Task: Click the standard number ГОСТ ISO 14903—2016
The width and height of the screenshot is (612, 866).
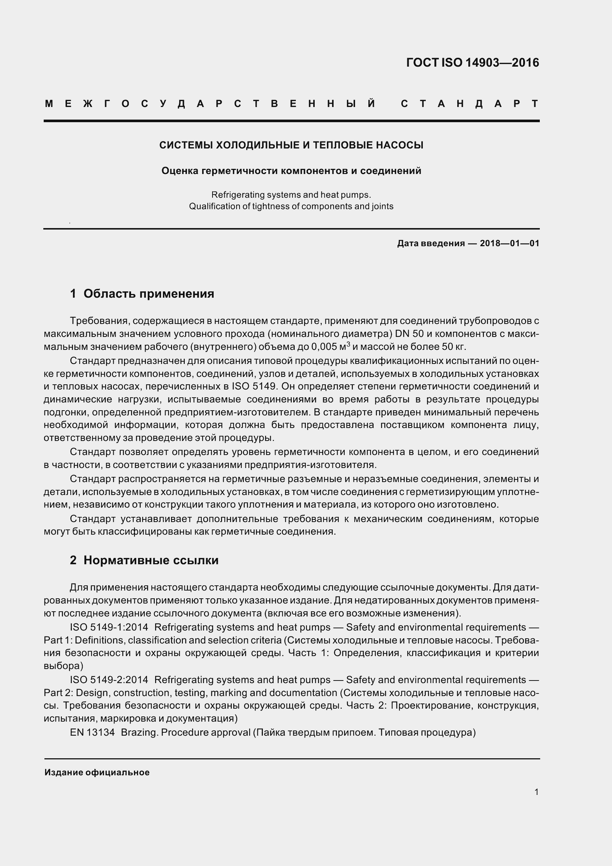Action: pos(472,63)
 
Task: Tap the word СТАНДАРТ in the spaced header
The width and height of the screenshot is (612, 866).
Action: pos(469,104)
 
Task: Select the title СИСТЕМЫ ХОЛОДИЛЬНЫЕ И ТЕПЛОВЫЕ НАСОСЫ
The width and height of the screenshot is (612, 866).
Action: pos(291,145)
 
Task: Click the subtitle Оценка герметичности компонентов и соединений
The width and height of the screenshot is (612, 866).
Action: pos(291,171)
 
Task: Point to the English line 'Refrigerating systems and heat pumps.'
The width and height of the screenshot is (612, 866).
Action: pos(291,195)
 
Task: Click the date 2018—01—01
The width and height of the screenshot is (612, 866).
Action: pos(509,243)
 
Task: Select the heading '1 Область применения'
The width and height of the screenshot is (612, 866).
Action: pos(142,294)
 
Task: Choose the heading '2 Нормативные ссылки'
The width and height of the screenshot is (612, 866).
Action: pos(144,561)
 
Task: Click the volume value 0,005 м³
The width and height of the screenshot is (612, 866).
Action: pos(331,347)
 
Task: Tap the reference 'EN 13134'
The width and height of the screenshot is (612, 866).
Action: pos(92,732)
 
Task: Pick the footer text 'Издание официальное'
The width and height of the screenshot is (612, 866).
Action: pos(97,772)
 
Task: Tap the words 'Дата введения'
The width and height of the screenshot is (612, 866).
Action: pos(431,243)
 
